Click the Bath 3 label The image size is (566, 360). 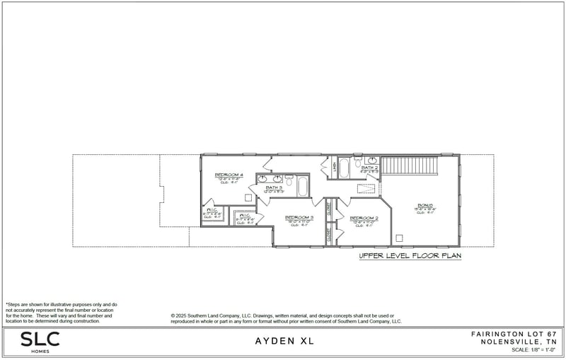pyautogui.click(x=275, y=187)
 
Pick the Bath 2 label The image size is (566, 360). pyautogui.click(x=370, y=168)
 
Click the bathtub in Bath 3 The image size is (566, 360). pyautogui.click(x=303, y=187)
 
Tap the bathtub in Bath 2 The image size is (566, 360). pyautogui.click(x=345, y=168)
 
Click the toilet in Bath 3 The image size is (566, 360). pyautogui.click(x=289, y=178)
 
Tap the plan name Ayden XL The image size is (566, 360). pyautogui.click(x=284, y=341)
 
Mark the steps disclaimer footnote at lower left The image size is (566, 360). pyautogui.click(x=62, y=313)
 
